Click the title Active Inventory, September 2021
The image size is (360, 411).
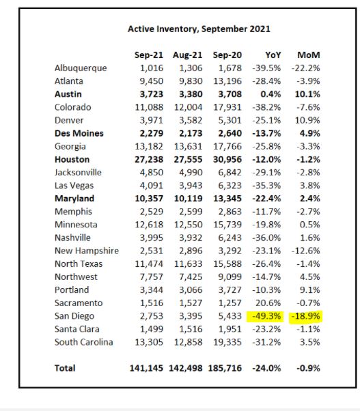click(199, 29)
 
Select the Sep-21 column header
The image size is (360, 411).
click(149, 55)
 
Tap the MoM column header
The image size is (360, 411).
click(309, 55)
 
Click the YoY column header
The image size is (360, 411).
click(273, 55)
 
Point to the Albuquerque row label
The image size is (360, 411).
click(81, 68)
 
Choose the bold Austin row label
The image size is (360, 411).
click(68, 94)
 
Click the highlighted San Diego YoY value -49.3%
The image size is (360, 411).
click(266, 316)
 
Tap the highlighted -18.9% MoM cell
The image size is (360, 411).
click(306, 316)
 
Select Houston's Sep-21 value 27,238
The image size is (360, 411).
click(149, 159)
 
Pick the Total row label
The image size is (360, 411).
click(65, 368)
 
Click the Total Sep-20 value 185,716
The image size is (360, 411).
click(225, 368)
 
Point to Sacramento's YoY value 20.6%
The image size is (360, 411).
click(268, 303)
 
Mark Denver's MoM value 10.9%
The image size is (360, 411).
click(307, 120)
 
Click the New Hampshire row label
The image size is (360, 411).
click(87, 251)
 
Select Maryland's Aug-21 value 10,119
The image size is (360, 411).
click(189, 199)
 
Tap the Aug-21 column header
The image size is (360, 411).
click(187, 55)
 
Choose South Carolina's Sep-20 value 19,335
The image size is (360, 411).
click(227, 342)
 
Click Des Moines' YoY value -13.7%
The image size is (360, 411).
click(266, 133)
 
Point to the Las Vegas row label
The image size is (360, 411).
click(74, 186)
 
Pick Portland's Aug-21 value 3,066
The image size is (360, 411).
click(191, 290)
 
